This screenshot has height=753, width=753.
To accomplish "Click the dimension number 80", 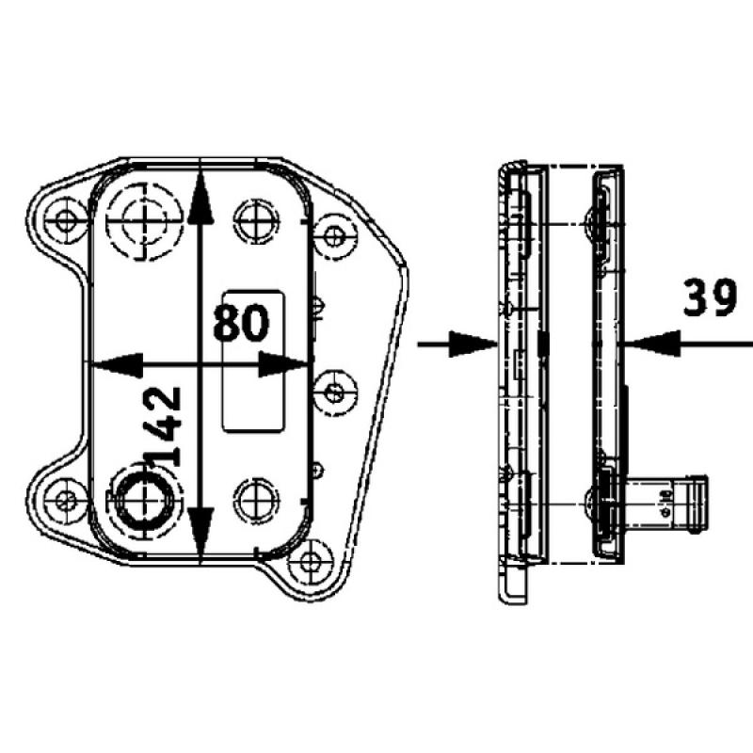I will pos(241,322).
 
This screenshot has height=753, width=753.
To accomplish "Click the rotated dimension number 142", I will pos(164,426).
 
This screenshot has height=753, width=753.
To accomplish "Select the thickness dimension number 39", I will pos(711,299).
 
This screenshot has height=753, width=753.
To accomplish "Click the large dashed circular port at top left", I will pos(141,221).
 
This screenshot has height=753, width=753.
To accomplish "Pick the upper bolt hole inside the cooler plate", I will pos(255,221).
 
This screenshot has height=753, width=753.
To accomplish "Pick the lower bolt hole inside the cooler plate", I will pos(255,497).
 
